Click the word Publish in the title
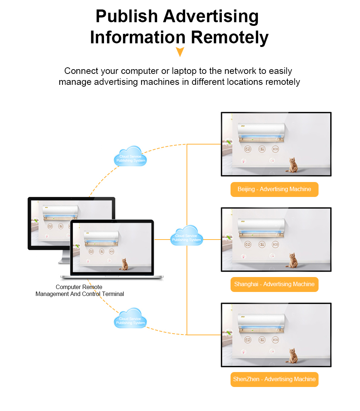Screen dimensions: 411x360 point(127,16)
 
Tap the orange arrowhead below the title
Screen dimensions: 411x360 point(180,52)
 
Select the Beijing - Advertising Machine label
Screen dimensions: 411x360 point(274,189)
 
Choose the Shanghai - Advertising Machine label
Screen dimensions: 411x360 point(274,284)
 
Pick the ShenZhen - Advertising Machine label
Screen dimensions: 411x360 point(274,379)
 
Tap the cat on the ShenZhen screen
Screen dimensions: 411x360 point(292,356)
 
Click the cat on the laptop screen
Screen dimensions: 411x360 point(124,264)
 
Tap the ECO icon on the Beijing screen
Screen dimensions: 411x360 point(275,149)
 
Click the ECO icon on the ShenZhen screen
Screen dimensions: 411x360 point(275,340)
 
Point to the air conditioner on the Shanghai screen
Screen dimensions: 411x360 point(261,226)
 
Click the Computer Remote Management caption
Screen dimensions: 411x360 point(79,291)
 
